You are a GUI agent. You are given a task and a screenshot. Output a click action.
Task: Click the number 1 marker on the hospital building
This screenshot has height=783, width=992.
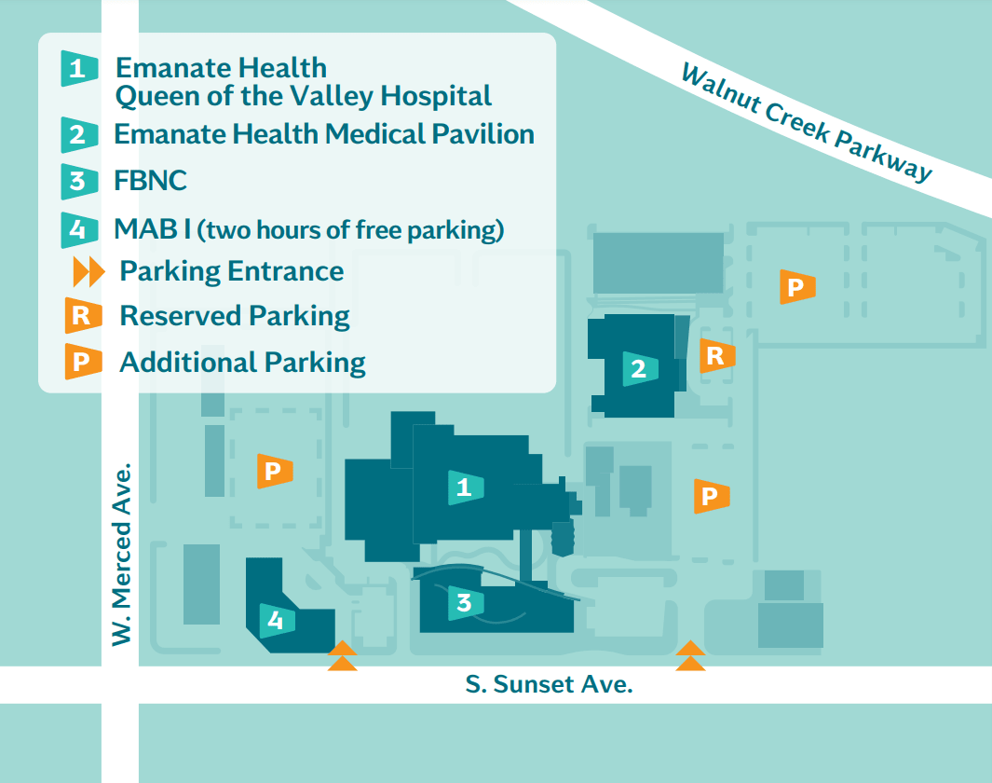[465, 487]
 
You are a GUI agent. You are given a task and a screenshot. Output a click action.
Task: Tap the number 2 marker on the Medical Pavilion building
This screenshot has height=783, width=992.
[639, 369]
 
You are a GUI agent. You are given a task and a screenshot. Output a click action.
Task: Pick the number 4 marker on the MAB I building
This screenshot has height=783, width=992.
[276, 620]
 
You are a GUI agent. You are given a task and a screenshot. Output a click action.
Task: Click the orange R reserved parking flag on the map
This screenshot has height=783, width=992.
[716, 355]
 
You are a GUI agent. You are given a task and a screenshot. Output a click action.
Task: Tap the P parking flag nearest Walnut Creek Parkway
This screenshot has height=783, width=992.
[796, 287]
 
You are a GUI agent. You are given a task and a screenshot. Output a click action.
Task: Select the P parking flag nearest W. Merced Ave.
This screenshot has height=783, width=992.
[274, 472]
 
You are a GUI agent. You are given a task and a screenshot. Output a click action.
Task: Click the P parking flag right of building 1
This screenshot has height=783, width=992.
[711, 496]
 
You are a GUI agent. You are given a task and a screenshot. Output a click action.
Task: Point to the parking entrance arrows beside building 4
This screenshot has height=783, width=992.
[343, 656]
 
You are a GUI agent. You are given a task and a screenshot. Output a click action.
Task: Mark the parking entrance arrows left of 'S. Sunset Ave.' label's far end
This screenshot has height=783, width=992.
[690, 656]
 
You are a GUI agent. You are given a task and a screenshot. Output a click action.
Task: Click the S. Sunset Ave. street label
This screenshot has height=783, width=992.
[550, 685]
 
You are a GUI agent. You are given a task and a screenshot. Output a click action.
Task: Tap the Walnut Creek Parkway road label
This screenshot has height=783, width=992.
[807, 122]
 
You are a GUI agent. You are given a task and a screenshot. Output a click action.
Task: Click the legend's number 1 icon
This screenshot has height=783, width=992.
[79, 68]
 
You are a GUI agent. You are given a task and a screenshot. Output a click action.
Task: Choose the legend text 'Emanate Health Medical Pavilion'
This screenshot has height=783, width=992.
[323, 134]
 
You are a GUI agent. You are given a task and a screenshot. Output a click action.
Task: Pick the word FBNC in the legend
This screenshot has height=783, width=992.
[150, 180]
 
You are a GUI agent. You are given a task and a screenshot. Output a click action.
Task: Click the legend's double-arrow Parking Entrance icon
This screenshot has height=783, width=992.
[88, 272]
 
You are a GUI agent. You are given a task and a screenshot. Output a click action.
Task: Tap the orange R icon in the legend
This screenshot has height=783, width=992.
[81, 316]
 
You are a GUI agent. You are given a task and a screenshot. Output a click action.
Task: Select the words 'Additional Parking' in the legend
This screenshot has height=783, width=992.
[242, 362]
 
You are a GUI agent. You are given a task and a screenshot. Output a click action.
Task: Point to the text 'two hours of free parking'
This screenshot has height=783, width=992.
[351, 229]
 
